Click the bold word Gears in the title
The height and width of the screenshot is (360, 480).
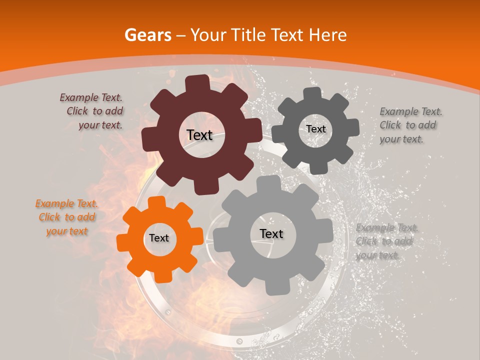(x=147, y=35)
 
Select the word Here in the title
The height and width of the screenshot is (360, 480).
(x=328, y=35)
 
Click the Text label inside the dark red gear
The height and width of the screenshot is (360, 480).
(x=199, y=135)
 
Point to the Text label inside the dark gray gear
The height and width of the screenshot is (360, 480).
(x=315, y=129)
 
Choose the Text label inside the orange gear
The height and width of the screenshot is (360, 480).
(x=159, y=238)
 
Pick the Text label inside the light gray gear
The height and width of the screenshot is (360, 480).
(x=271, y=233)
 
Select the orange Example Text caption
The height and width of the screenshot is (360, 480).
(x=66, y=217)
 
